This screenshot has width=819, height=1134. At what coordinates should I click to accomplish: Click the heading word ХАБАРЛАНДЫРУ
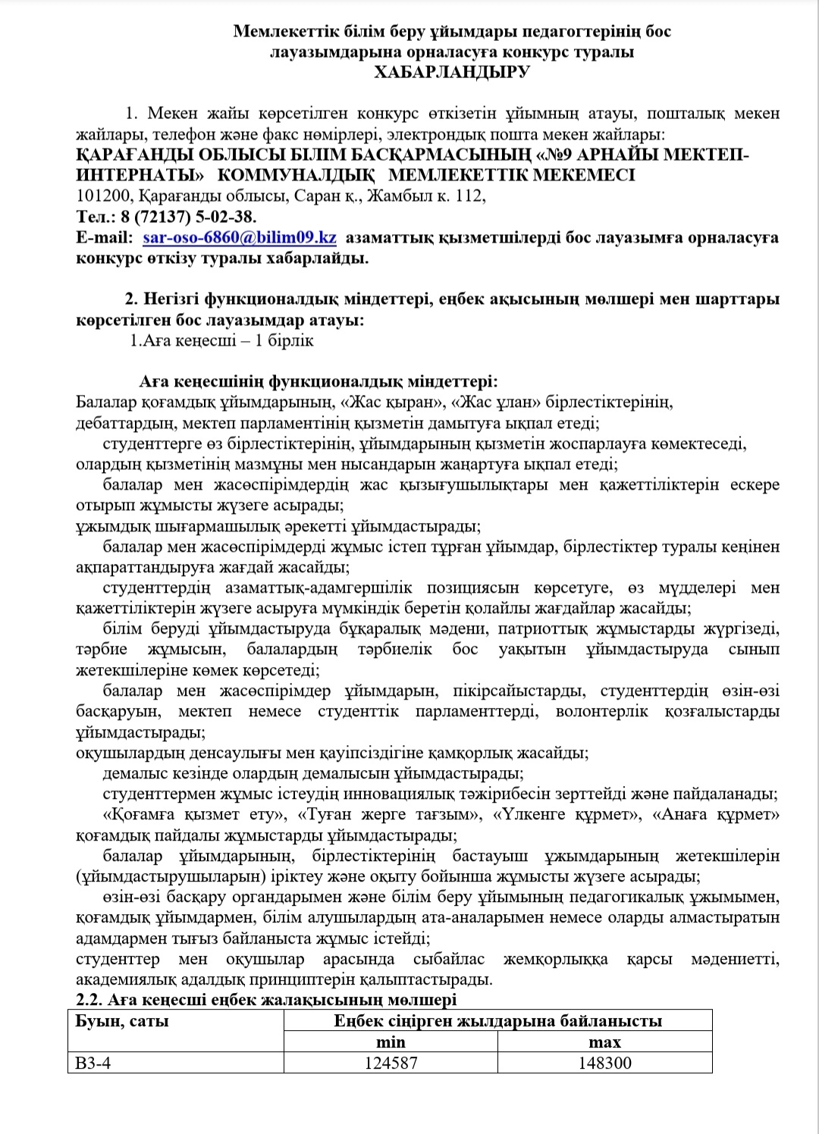pos(452,72)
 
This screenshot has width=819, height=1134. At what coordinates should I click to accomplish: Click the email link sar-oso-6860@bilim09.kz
pos(240,237)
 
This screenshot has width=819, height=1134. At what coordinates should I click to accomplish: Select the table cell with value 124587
pos(391,1063)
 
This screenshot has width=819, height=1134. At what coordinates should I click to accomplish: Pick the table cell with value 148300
pos(604,1063)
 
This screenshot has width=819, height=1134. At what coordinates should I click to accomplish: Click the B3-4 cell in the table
pos(93,1063)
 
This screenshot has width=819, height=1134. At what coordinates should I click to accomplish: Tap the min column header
pos(391,1042)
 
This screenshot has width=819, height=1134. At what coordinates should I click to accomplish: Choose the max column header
pos(604,1042)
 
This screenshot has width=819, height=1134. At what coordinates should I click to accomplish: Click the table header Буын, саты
pos(122,1021)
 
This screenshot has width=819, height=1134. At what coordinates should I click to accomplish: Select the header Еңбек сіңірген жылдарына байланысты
pos(497,1021)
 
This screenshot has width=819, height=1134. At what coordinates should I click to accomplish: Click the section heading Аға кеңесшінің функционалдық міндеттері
pos(318,381)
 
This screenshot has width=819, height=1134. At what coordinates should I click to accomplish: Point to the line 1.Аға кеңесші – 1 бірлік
pos(221,340)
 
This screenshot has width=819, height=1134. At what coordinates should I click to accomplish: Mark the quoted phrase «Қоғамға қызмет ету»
pos(194,815)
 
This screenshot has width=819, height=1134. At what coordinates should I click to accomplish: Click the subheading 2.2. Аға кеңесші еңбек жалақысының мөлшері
pos(266,1000)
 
